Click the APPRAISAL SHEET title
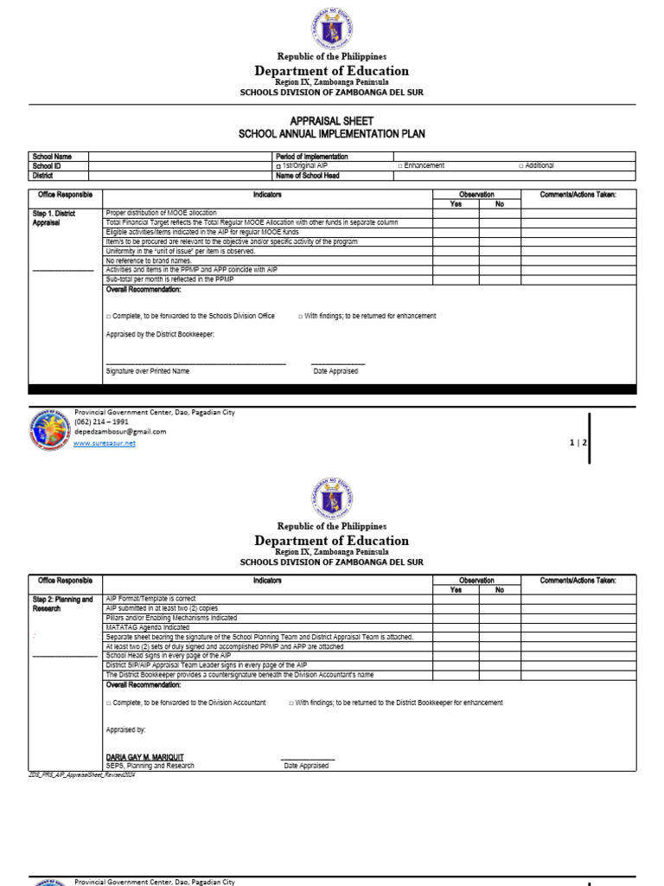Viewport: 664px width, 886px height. [332, 123]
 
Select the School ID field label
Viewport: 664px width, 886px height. [47, 165]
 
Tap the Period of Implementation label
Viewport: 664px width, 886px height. [311, 157]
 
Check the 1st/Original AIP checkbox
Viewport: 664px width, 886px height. [278, 166]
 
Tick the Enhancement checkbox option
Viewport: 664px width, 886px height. [400, 166]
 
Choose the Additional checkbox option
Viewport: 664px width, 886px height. [521, 166]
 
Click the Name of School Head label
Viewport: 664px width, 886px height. [307, 176]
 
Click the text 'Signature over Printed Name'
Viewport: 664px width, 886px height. [147, 371]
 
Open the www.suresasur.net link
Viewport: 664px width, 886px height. [105, 443]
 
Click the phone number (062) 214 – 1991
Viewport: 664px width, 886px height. [101, 422]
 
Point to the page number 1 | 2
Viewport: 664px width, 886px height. [578, 443]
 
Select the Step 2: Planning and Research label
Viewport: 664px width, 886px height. [62, 604]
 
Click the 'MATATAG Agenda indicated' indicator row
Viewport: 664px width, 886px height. [148, 627]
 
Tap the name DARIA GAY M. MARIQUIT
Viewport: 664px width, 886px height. [144, 757]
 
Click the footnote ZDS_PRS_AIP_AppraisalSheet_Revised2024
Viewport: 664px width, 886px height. [82, 774]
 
